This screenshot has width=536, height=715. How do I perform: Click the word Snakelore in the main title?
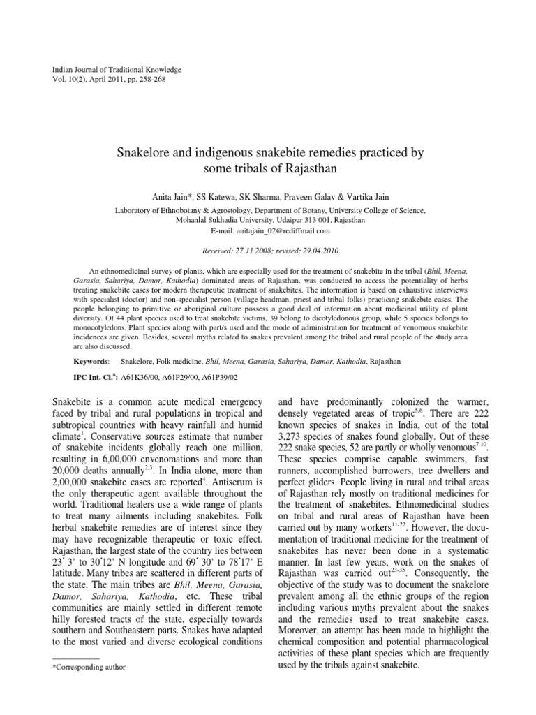[148, 152]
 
